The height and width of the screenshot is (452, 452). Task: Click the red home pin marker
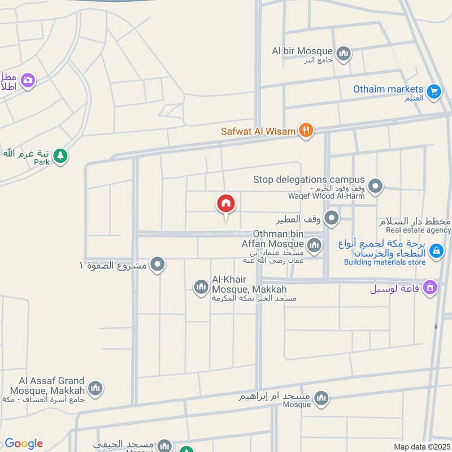pyautogui.click(x=225, y=203)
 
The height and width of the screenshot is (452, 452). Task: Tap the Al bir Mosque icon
pyautogui.click(x=344, y=54)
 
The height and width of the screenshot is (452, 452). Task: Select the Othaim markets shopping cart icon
pyautogui.click(x=434, y=91)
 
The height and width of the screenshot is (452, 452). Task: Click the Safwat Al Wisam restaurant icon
pyautogui.click(x=306, y=131)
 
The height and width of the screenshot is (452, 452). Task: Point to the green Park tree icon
pyautogui.click(x=60, y=155)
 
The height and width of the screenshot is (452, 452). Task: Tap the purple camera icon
pyautogui.click(x=27, y=81)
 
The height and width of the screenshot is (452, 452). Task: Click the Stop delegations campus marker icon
pyautogui.click(x=375, y=185)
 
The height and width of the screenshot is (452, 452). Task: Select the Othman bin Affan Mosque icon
pyautogui.click(x=315, y=245)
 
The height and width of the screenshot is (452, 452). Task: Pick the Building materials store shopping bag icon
pyautogui.click(x=436, y=251)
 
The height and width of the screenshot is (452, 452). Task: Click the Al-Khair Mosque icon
pyautogui.click(x=201, y=288)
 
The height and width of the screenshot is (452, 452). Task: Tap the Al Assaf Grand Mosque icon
pyautogui.click(x=95, y=389)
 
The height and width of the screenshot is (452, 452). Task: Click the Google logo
pyautogui.click(x=24, y=444)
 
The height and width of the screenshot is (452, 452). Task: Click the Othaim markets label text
pyautogui.click(x=388, y=89)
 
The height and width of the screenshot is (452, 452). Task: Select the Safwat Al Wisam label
pyautogui.click(x=258, y=132)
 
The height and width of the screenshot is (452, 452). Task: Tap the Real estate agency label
pyautogui.click(x=419, y=230)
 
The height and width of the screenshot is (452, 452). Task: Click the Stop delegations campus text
pyautogui.click(x=309, y=180)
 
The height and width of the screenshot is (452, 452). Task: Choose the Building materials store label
pyautogui.click(x=385, y=262)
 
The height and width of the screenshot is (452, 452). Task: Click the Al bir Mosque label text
pyautogui.click(x=302, y=51)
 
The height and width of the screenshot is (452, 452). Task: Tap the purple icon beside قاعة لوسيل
pyautogui.click(x=430, y=288)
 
